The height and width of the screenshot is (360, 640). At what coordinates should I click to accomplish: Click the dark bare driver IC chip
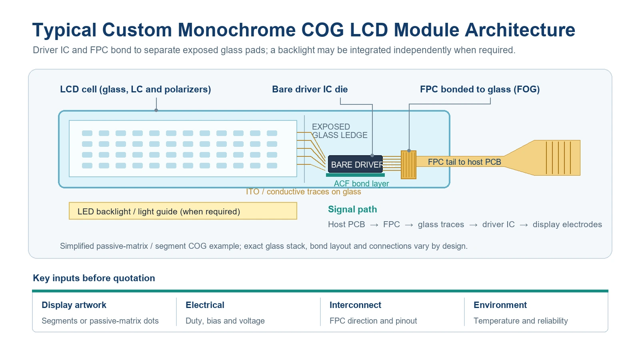click(x=355, y=164)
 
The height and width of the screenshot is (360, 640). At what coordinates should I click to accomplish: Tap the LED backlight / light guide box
click(x=183, y=211)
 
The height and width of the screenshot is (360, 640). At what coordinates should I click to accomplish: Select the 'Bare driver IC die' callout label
click(x=310, y=90)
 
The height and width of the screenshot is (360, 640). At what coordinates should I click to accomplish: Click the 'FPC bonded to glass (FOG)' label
click(x=480, y=90)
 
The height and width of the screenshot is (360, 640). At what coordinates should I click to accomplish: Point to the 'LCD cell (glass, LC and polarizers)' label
click(x=136, y=90)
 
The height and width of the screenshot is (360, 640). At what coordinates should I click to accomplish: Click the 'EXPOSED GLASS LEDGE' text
click(x=340, y=131)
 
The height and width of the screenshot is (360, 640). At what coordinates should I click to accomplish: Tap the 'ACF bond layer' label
click(x=362, y=184)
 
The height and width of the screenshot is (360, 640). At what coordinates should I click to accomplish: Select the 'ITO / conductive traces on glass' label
click(x=304, y=192)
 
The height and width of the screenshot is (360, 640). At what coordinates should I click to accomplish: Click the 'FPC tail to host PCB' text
click(x=464, y=162)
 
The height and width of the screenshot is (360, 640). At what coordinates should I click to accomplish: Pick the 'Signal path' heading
click(x=352, y=210)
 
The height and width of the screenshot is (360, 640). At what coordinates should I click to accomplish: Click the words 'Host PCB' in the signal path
click(x=346, y=224)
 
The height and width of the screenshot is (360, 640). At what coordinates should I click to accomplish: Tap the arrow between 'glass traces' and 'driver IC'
click(x=473, y=225)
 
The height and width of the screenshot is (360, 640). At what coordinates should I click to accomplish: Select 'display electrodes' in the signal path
click(x=567, y=224)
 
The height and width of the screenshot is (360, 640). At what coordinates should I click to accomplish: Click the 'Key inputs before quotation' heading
click(x=94, y=278)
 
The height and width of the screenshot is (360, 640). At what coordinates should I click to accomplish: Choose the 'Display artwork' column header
click(x=74, y=305)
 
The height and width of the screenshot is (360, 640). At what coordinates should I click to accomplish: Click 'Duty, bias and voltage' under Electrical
click(x=225, y=321)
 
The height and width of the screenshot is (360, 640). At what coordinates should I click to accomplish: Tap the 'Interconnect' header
click(x=356, y=305)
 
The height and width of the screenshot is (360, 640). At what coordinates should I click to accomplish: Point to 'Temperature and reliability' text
click(x=520, y=321)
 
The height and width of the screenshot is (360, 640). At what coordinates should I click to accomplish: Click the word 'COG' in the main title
click(x=323, y=30)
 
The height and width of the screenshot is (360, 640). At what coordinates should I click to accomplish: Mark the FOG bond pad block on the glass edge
click(x=408, y=165)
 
